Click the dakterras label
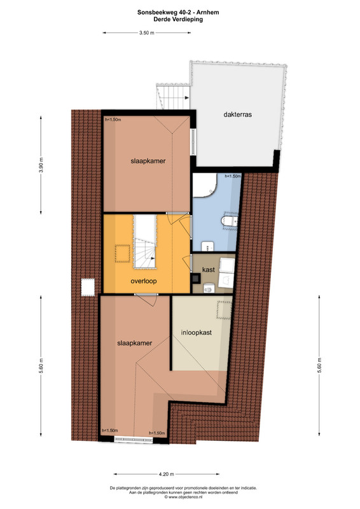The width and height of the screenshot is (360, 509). pyautogui.click(x=237, y=115)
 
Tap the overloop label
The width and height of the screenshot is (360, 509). pyautogui.click(x=144, y=281)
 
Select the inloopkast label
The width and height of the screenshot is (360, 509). pyautogui.click(x=197, y=333)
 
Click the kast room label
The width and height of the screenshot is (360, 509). pyautogui.click(x=209, y=270)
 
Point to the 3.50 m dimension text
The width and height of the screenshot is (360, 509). pyautogui.click(x=147, y=33)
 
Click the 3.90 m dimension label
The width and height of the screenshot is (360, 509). pyautogui.click(x=41, y=165)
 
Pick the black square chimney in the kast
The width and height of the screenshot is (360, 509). pyautogui.click(x=196, y=278)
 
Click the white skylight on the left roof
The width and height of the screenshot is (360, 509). pyautogui.click(x=88, y=287)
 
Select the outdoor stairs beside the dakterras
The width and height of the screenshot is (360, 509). pyautogui.click(x=174, y=97)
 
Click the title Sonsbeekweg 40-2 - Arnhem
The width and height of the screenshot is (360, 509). pyautogui.click(x=178, y=13)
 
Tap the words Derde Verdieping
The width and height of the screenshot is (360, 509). pyautogui.click(x=178, y=20)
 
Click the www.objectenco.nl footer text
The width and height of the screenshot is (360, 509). pyautogui.click(x=183, y=497)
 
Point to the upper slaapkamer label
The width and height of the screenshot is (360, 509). pyautogui.click(x=148, y=161)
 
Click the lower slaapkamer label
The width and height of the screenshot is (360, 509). pyautogui.click(x=134, y=343)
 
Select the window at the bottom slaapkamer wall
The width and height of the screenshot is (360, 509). pyautogui.click(x=134, y=440)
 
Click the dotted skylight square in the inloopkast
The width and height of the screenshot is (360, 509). pyautogui.click(x=225, y=309)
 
